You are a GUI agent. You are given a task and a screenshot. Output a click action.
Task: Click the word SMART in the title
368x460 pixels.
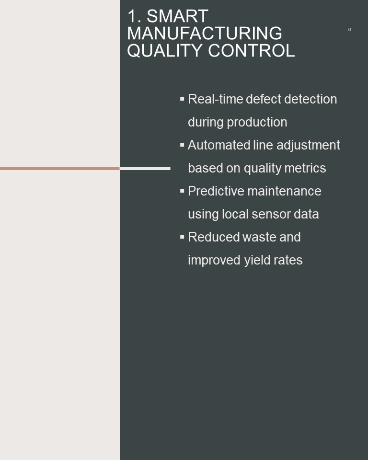(x=177, y=16)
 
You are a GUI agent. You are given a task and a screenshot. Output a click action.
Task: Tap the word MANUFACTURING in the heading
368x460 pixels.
(x=205, y=33)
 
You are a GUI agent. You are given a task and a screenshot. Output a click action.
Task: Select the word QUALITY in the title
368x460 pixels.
(x=165, y=50)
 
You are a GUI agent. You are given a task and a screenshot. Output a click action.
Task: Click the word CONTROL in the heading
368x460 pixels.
(x=251, y=50)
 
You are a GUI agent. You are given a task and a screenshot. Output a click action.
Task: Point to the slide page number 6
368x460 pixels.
(x=349, y=29)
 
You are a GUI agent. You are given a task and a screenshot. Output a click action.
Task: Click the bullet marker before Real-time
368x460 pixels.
(x=182, y=99)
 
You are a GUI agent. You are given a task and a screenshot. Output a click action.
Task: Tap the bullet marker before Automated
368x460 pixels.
(x=182, y=145)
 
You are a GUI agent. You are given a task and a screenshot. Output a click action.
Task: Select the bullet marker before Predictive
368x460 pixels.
(x=182, y=191)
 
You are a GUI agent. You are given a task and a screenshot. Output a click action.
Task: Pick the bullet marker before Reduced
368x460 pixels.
(x=182, y=236)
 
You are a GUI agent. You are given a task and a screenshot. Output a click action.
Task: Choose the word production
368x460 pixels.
(x=257, y=123)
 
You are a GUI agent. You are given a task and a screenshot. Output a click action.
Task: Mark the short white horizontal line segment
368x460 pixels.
(x=145, y=169)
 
